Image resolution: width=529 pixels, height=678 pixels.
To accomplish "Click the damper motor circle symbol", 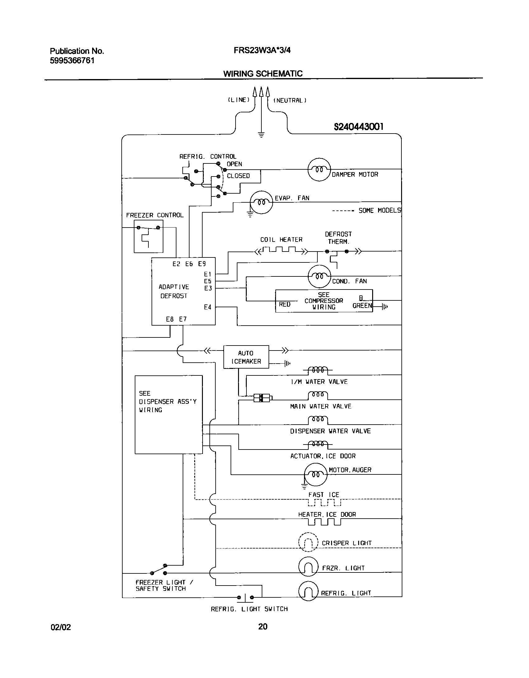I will point(319,170).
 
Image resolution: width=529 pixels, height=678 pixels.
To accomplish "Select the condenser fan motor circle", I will point(319,276).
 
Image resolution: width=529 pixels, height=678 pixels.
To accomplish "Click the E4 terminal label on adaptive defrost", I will point(208,307).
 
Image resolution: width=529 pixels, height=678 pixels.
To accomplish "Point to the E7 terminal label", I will point(183,319).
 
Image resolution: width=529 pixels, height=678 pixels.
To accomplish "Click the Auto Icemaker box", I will point(246,357).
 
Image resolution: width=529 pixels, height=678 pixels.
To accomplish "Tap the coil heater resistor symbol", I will point(281,250).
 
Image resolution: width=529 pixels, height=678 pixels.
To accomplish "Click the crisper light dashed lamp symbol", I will point(308,543).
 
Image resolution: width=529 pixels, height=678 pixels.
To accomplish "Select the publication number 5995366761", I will point(72,60).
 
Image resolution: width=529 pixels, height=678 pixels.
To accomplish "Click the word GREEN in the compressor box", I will point(362,306).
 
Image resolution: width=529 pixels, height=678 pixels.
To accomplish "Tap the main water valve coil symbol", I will point(318,395).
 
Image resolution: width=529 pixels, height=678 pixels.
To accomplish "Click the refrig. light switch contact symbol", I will point(245,597).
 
